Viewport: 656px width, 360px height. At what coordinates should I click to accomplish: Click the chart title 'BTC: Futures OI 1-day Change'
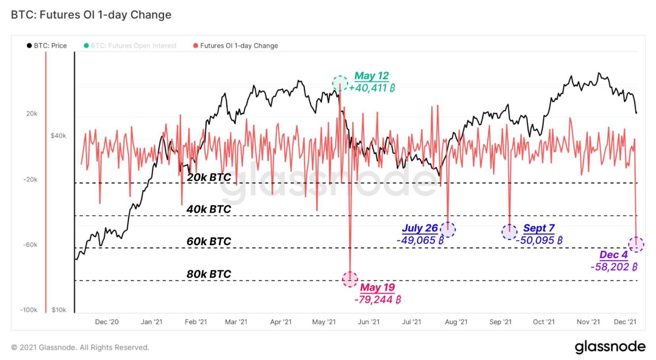[x=91, y=15]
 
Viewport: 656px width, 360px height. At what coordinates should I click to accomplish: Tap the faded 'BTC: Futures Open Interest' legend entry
[x=130, y=46]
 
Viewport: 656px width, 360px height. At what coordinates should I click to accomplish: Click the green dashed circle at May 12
[x=340, y=84]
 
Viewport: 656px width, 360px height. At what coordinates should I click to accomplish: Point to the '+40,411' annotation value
[x=372, y=88]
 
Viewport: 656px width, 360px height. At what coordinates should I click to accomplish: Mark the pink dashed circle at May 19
[x=350, y=279]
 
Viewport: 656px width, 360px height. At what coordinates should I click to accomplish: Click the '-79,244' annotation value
[x=378, y=299]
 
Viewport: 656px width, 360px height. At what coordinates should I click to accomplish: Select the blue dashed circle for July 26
[x=448, y=229]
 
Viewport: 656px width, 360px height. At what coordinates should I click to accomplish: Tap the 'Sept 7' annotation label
[x=539, y=228]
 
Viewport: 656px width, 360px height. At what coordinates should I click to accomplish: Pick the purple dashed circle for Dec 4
[x=636, y=244]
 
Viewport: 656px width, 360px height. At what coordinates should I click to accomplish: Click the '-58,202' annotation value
[x=614, y=267]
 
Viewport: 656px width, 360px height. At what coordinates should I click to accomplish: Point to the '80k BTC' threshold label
[x=209, y=274]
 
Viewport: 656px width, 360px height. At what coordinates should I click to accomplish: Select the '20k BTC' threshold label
[x=209, y=177]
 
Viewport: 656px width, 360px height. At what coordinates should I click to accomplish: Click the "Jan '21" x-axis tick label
[x=152, y=322]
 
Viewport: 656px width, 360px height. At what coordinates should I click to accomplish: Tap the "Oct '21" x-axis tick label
[x=544, y=322]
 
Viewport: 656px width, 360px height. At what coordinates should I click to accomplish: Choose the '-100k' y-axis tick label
[x=29, y=310]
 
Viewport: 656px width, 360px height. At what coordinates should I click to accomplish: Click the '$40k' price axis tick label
[x=58, y=136]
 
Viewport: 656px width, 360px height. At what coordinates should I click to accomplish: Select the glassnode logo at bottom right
[x=610, y=347]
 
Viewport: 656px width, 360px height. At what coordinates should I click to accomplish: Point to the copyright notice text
[x=80, y=347]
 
